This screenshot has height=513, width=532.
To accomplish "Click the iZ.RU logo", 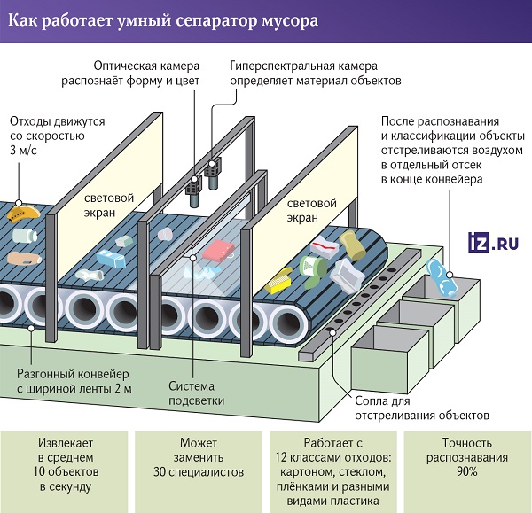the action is point(493,242).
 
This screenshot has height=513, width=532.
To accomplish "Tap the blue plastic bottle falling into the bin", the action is point(441,278).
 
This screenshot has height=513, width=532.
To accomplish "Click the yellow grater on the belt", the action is point(278,281).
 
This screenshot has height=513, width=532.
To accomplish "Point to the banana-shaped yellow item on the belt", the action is point(23,214).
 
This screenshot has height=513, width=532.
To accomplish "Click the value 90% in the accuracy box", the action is point(467,471).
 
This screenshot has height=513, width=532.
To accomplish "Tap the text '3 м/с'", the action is point(23,151).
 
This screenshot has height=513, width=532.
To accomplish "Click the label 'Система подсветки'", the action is point(197,393).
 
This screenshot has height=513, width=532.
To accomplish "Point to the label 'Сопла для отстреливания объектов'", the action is point(422,408).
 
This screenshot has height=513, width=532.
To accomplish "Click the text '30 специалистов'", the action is point(199,472).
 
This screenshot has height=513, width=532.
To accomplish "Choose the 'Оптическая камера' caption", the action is point(146,66).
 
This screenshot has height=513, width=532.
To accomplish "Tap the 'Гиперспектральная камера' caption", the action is point(303,66).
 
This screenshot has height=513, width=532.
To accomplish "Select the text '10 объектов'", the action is point(66,471).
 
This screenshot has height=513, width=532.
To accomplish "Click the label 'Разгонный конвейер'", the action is point(73,374).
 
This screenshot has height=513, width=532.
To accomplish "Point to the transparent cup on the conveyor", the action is point(165,234).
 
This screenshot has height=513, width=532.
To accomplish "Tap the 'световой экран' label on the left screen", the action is point(109,206).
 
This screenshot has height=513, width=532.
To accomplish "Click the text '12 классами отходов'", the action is point(333,457).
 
